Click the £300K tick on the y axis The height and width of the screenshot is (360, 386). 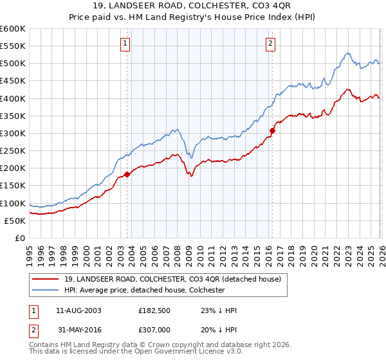tap(13, 133)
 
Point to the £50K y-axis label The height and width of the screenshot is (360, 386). tap(15, 221)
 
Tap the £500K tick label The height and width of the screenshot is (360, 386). tap(13, 64)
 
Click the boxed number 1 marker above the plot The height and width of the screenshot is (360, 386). tap(125, 44)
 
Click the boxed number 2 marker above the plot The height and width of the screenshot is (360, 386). tap(270, 44)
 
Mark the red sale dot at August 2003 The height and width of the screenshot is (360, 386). tap(127, 174)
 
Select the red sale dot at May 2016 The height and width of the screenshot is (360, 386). tap(272, 130)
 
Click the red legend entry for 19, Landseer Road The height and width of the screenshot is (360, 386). tap(172, 280)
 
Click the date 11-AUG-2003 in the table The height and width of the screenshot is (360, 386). tap(78, 310)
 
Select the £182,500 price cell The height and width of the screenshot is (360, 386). tap(154, 310)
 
